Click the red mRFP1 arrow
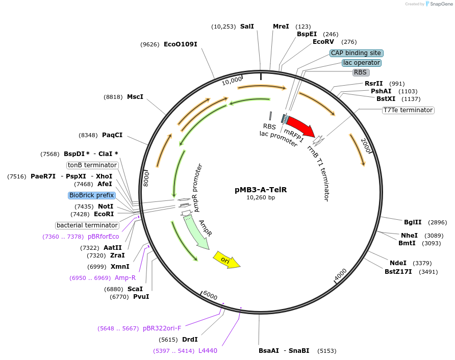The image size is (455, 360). point(300,127)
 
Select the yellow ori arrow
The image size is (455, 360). point(226,260)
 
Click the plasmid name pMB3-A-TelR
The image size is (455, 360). point(261,189)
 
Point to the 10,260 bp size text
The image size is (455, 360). point(261,197)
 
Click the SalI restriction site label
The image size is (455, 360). point(247,27)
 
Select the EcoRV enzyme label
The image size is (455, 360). point(323,42)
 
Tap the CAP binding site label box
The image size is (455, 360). point(356,53)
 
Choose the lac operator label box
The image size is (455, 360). point(361,63)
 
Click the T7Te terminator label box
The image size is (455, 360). point(408,110)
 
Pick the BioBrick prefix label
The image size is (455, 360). point(92,195)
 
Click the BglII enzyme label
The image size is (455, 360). point(413,222)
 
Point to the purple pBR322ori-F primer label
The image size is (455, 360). point(162,328)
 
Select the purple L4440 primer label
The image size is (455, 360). point(208,351)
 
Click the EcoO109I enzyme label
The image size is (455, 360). point(180,44)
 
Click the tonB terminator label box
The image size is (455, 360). point(93,165)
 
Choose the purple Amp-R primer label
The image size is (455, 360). point(125,278)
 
